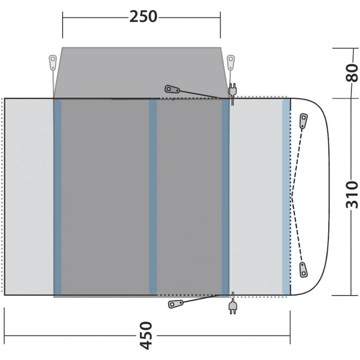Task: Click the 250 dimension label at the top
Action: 143,16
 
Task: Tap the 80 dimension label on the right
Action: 352,73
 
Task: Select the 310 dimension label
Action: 352,195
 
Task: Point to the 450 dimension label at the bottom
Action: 146,335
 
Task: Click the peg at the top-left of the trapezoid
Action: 53,62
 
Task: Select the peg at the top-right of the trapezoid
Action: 231,62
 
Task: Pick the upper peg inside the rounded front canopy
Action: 303,121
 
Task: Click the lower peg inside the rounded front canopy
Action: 303,270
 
